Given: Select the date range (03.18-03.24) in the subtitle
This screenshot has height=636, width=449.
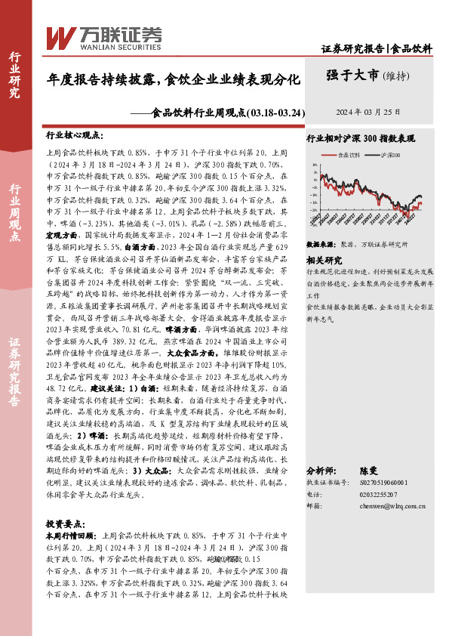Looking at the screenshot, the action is (x=276, y=113).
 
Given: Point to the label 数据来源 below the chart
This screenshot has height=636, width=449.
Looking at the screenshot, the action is (x=320, y=245).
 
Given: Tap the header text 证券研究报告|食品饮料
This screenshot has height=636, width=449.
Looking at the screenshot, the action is (x=377, y=48).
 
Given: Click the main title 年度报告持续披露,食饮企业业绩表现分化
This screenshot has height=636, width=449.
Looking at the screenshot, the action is (x=174, y=78).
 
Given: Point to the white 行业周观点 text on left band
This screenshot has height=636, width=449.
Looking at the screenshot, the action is (x=14, y=212).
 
